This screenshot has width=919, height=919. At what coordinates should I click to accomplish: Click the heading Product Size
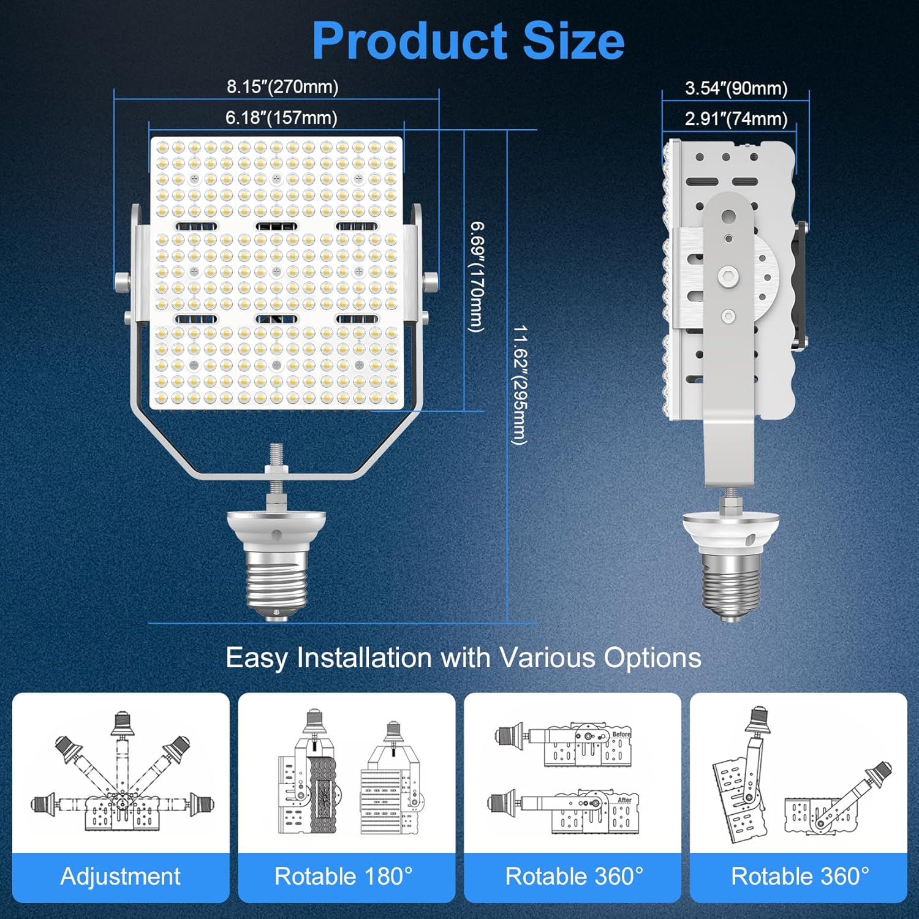pos(468,40)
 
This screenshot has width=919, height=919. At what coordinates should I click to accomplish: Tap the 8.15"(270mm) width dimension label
pos(282,87)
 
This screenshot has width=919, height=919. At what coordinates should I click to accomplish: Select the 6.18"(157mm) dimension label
pos(281,118)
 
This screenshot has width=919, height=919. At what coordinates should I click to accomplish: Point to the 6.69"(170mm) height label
pos(477,276)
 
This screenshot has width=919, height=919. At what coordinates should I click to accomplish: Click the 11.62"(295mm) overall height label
pos(520,385)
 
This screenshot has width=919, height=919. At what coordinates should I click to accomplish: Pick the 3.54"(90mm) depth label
pos(736,88)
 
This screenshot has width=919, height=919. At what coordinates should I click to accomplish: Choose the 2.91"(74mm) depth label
pos(736,119)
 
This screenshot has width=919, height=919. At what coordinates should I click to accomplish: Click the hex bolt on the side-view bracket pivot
pos(728,277)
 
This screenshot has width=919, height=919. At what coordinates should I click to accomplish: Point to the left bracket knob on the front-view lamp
pos(122,281)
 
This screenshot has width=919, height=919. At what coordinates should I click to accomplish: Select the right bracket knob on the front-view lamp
pos(431,281)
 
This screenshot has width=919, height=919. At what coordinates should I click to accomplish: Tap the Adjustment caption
pos(120,876)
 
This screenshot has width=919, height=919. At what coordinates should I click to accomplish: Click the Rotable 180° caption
pos(343,876)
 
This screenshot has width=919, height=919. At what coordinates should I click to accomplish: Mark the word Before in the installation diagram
pos(621,734)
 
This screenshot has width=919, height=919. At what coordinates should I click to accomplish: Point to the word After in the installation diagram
pos(624,800)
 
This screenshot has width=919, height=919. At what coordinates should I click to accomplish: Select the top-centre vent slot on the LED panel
pos(276,227)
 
